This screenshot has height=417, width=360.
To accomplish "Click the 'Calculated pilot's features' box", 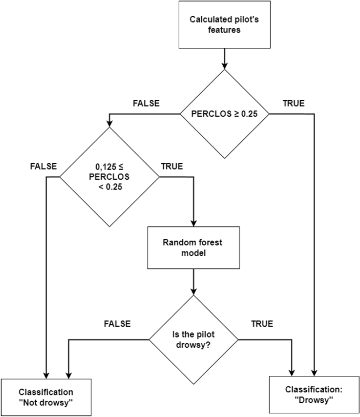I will coord(225,25).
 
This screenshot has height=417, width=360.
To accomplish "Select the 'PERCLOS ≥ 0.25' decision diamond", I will coord(225,114).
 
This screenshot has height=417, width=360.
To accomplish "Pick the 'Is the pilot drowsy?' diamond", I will coord(194,339).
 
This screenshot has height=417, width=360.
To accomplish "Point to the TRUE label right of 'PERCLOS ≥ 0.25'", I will coord(293,103).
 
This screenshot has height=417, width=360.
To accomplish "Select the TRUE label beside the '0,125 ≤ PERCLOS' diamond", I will coord(172,166).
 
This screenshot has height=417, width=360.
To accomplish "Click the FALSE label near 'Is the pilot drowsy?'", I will coord(117,324).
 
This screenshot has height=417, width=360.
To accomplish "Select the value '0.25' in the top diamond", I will coord(248,114).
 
